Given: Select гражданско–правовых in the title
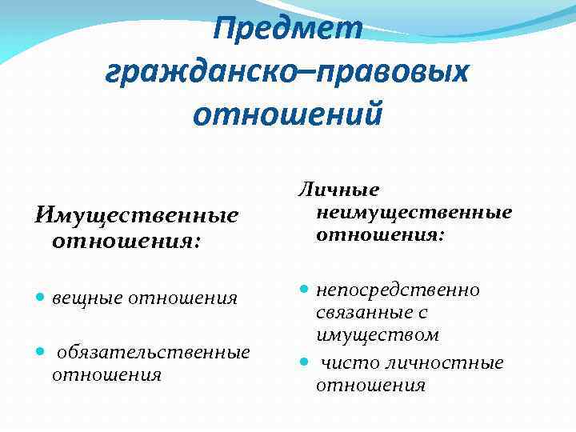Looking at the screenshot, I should click(286, 71).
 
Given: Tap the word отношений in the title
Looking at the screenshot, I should click(288, 113).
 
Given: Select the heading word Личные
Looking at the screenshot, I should click(338, 190).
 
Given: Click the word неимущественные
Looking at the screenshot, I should click(414, 213).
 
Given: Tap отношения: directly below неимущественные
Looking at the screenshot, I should click(379, 236).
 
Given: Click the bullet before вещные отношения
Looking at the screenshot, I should click(40, 298).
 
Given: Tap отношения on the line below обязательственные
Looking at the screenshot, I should click(106, 374).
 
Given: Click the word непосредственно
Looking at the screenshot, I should click(398, 290).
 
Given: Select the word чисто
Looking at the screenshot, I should click(349, 363).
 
